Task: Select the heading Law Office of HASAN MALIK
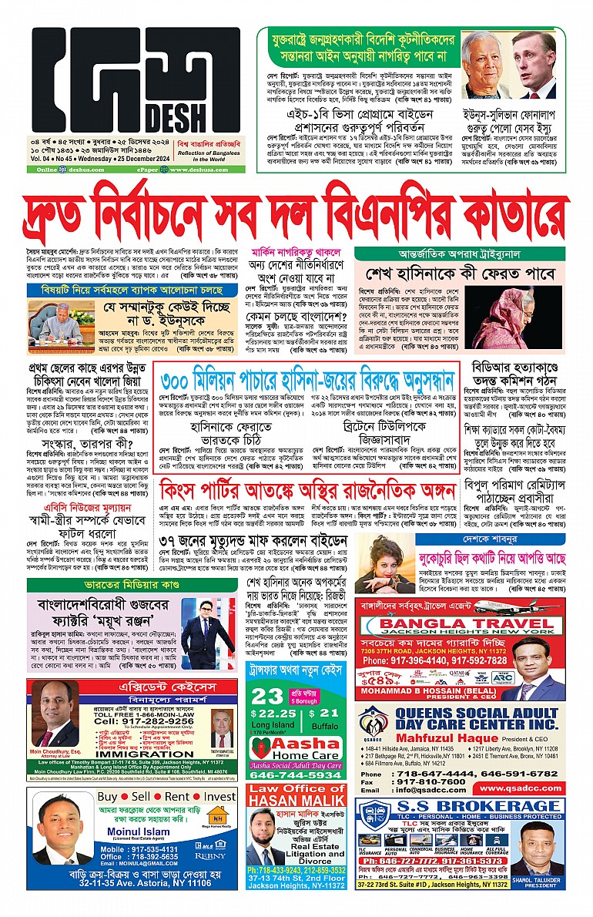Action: pyautogui.click(x=296, y=799)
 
